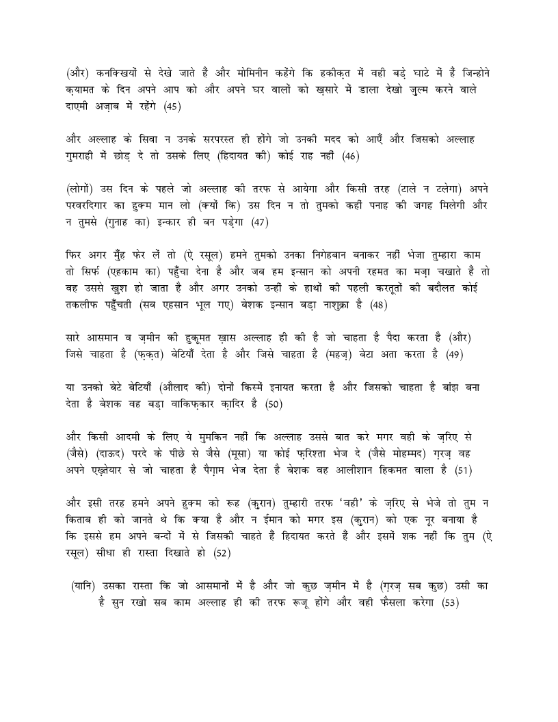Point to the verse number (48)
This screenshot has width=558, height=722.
378,305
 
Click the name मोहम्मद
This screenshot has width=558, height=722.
424,453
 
